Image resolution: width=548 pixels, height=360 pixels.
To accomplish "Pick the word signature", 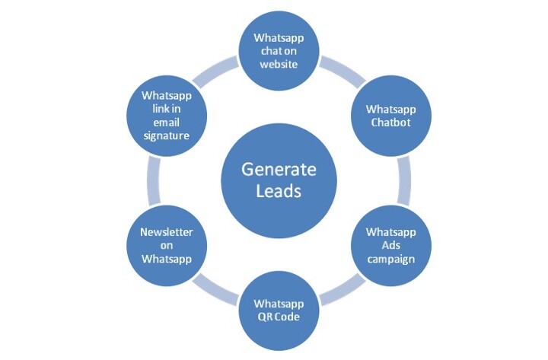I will pos(164,135).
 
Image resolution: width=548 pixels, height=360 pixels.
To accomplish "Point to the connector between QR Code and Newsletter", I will pos(215,288).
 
